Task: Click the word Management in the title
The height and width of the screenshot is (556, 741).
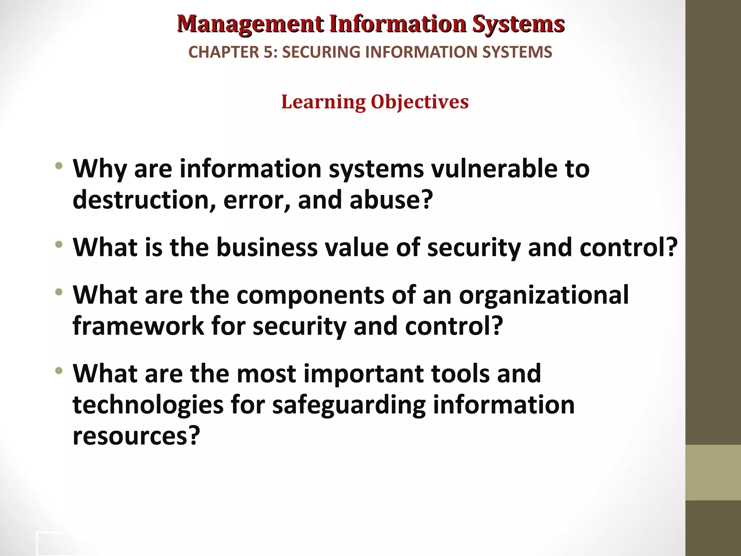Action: tap(250, 24)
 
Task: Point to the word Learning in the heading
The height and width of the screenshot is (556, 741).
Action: tap(323, 102)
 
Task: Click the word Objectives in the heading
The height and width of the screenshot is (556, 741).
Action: tap(420, 102)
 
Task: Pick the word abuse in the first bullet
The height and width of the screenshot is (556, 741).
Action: tap(391, 200)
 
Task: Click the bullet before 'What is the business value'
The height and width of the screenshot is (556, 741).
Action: tap(59, 245)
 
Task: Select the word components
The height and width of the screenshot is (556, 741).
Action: tap(310, 295)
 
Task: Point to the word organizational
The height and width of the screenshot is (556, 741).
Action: tap(544, 295)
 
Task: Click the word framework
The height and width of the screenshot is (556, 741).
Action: tap(138, 326)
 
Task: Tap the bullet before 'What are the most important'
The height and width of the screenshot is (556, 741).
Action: tap(59, 371)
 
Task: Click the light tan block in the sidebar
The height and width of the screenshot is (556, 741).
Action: tap(713, 472)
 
